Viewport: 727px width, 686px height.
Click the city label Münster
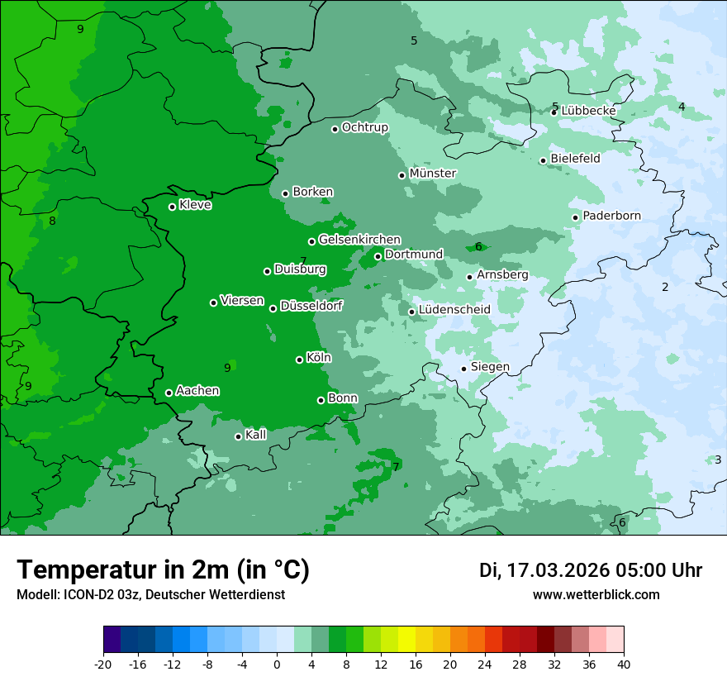coord(433,174)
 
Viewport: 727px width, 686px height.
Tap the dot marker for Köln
coord(299,360)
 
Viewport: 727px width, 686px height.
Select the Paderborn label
coord(611,217)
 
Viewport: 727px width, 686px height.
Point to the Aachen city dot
coord(169,393)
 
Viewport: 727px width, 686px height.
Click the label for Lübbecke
coord(588,111)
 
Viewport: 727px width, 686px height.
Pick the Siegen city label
coord(490,367)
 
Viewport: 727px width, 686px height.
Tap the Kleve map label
coord(195,205)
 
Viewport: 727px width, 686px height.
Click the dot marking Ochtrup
coord(335,129)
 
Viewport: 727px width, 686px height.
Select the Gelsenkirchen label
coord(359,240)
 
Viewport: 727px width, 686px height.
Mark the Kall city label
coord(256,435)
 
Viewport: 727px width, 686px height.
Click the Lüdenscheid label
coord(454,310)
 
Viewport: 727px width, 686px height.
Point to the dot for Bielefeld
coord(543,160)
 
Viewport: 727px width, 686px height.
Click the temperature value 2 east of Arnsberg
coord(664,288)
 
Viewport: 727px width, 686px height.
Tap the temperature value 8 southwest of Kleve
coord(52,221)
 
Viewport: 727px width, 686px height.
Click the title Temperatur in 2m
coord(163,570)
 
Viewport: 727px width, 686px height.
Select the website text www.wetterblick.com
coord(596,595)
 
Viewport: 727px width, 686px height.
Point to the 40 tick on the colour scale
coord(623,665)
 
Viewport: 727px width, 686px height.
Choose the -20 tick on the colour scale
coord(102,665)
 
